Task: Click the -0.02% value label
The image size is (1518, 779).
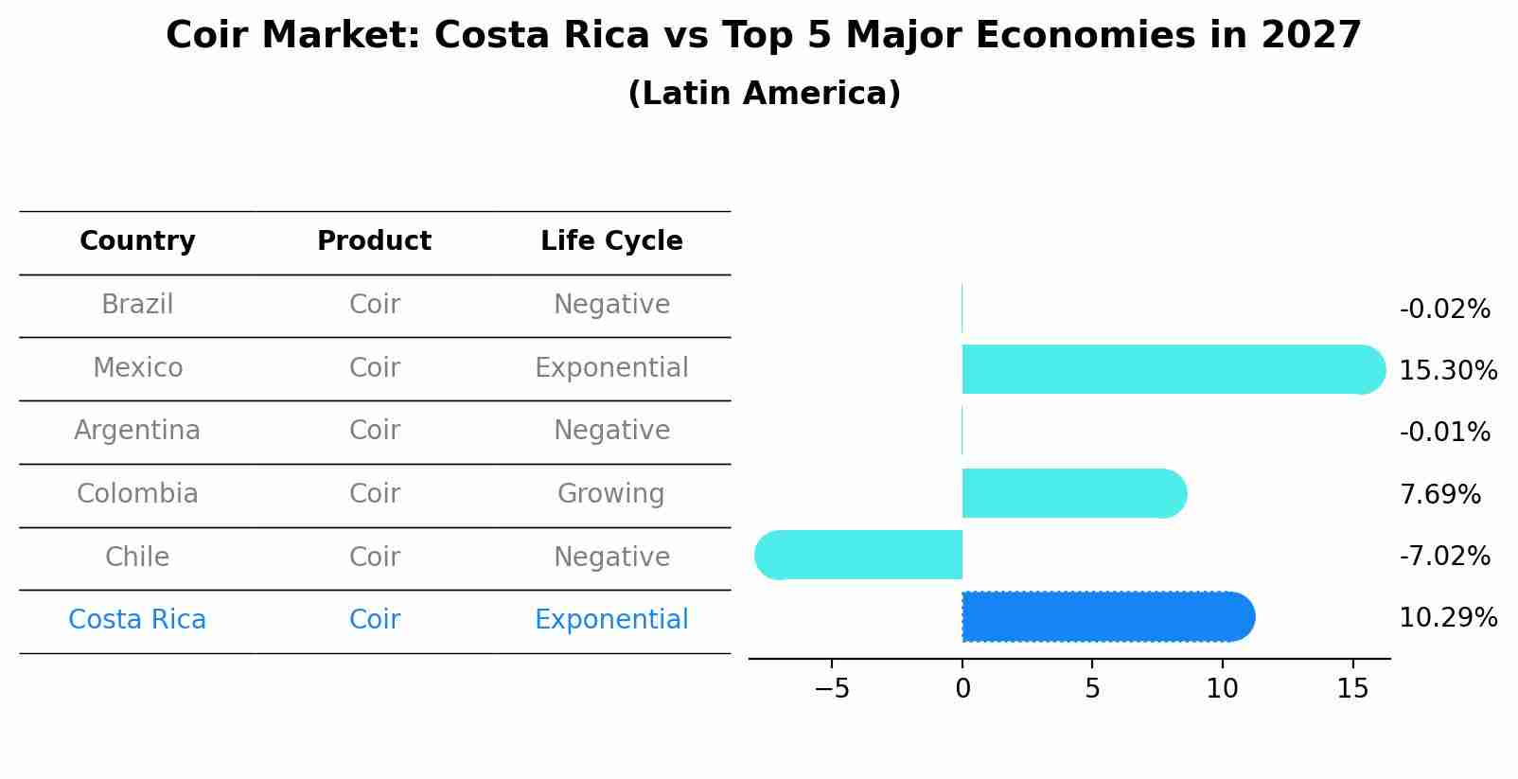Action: click(1444, 310)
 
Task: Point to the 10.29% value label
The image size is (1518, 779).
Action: click(1448, 618)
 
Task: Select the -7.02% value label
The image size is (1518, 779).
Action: click(1444, 556)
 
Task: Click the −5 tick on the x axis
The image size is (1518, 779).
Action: click(832, 689)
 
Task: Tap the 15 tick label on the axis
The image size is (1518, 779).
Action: click(1352, 689)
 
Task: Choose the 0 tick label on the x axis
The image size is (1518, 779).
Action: click(962, 689)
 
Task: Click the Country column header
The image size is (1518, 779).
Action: click(137, 241)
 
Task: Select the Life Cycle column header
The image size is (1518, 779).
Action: click(611, 241)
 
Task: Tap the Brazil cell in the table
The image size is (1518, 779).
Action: click(137, 305)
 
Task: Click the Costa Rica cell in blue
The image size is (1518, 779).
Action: click(137, 620)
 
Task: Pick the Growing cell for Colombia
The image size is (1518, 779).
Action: click(611, 494)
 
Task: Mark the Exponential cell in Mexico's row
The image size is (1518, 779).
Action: click(611, 368)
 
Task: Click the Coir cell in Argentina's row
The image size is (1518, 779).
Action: click(375, 431)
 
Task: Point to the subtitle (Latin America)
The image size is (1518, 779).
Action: click(764, 94)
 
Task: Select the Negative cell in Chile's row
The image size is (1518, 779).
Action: click(611, 557)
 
